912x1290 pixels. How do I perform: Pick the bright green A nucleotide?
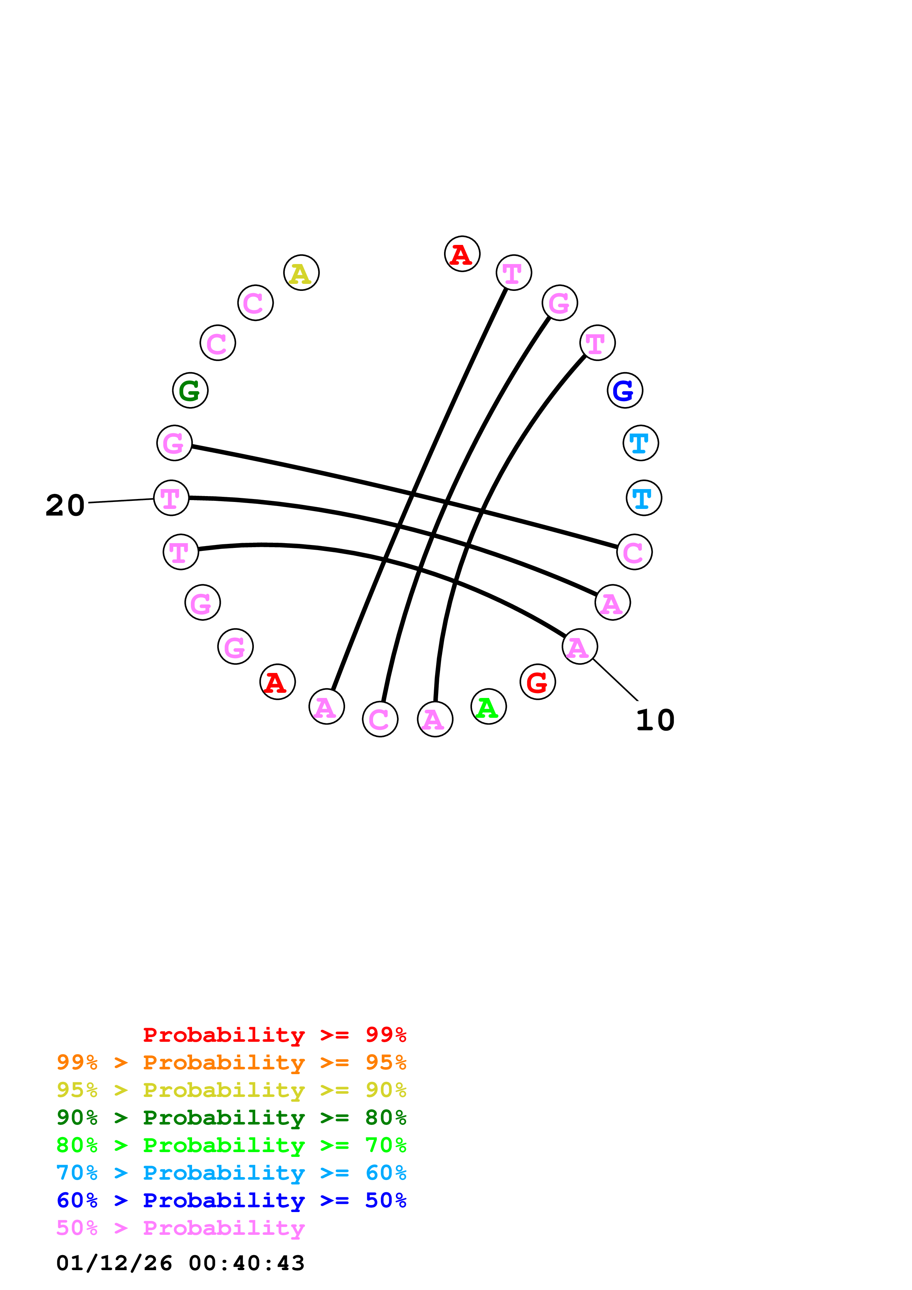(x=488, y=706)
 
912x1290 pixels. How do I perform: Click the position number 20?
(x=65, y=505)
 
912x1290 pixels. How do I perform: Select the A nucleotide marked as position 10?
(x=579, y=647)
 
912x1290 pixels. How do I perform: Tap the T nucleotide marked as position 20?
(x=171, y=498)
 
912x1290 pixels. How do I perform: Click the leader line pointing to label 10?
(x=616, y=680)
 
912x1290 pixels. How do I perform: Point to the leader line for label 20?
(x=121, y=500)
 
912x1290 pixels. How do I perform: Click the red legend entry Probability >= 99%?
(x=274, y=1035)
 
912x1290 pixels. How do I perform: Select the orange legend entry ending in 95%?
(x=231, y=1062)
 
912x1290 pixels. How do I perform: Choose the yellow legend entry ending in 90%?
(x=231, y=1090)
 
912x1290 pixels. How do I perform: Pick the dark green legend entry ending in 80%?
(x=231, y=1118)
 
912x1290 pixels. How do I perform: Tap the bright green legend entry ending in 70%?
(x=231, y=1145)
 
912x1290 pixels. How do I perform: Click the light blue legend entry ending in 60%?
(x=231, y=1173)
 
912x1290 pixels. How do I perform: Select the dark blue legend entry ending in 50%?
(x=231, y=1200)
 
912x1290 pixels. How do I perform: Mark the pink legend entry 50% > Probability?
(x=180, y=1227)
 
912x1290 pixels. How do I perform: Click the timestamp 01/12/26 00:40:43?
(x=180, y=1263)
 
